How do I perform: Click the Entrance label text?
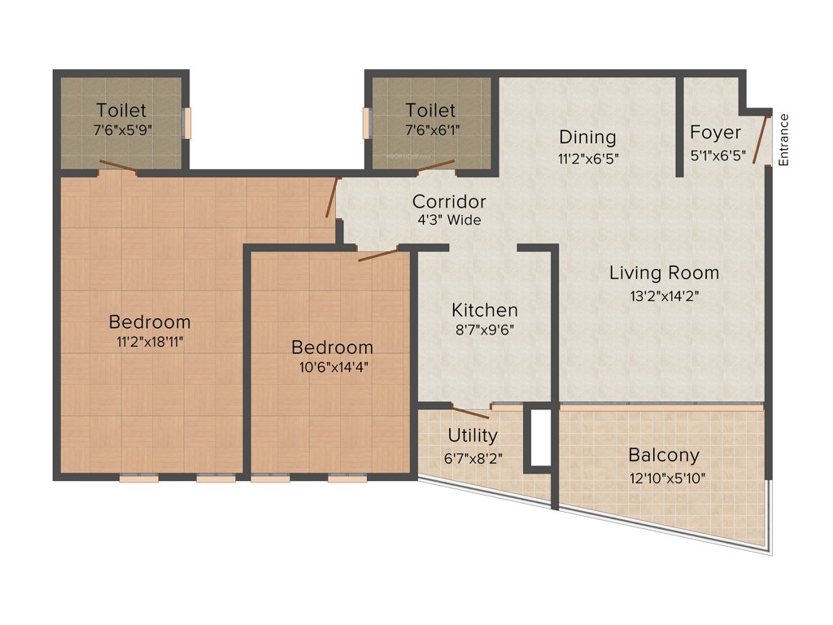pos(784,140)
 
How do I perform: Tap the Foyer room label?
pos(715,133)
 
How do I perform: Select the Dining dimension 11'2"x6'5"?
pos(587,160)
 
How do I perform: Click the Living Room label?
pos(664,273)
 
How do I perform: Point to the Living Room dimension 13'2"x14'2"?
pos(665,296)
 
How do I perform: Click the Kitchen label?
pos(484,310)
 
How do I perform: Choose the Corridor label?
pos(449,201)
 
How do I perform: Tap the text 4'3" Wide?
pos(449,221)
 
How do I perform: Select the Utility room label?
pos(473,436)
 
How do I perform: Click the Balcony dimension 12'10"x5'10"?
pos(664,478)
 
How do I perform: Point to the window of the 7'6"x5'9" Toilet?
pos(187,123)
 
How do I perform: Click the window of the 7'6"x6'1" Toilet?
pos(366,123)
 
